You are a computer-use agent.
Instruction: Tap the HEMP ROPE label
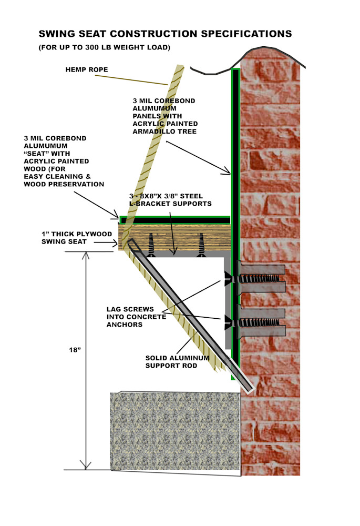(x=87, y=70)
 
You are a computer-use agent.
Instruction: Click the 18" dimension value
(x=75, y=350)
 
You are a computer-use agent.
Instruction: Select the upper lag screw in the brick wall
(x=259, y=278)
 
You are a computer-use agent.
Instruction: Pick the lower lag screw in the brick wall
(x=259, y=322)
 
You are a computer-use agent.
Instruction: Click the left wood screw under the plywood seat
(x=150, y=245)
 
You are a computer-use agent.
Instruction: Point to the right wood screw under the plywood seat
(x=201, y=245)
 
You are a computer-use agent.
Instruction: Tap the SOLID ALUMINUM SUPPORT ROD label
(x=177, y=362)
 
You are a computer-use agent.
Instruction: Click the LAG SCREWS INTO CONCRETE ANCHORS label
(x=136, y=317)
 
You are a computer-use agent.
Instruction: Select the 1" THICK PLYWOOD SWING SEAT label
(x=76, y=238)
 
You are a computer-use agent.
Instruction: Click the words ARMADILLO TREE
(x=164, y=131)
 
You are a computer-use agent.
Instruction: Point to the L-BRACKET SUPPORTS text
(x=171, y=204)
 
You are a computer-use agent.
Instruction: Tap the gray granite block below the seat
(x=175, y=431)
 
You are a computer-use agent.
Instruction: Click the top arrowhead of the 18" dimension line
(x=86, y=255)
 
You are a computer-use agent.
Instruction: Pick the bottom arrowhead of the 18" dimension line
(x=86, y=466)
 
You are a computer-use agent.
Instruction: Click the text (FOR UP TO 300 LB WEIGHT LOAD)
(x=105, y=48)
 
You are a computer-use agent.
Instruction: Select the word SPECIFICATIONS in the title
(x=246, y=34)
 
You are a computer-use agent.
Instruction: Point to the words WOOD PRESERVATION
(x=64, y=184)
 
